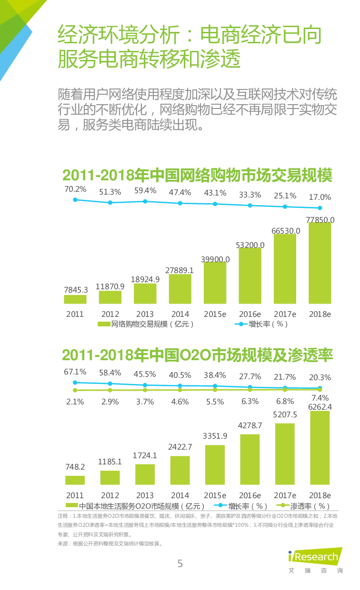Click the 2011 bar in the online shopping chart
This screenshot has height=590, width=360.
75,299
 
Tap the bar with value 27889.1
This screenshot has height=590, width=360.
180,289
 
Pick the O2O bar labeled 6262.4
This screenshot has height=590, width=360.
320,449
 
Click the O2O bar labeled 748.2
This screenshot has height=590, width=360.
75,481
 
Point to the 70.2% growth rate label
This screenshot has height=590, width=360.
75,189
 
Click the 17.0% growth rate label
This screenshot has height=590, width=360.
320,197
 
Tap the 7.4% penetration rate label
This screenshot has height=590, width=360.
320,398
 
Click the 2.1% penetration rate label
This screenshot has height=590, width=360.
75,402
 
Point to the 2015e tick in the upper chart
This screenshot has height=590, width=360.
215,314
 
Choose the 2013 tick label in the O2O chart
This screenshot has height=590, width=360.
145,495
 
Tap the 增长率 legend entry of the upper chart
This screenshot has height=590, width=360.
261,324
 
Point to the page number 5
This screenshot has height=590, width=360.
180,564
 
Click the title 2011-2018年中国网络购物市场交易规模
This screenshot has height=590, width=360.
197,175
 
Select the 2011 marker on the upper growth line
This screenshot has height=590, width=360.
75,200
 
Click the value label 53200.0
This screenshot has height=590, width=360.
250,245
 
